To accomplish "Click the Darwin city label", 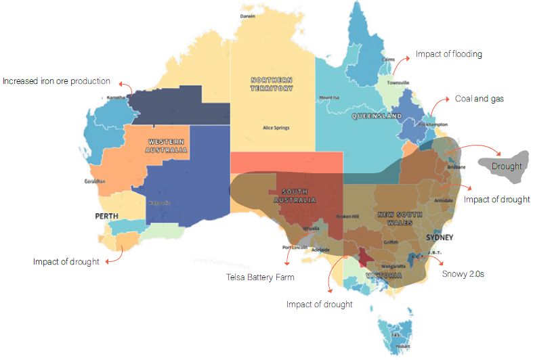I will coord(247,16).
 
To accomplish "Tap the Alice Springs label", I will coord(276,127).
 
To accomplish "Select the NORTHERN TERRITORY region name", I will coord(272,83).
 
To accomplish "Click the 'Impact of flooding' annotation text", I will coord(448,54).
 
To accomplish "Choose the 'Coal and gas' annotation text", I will coord(479,99).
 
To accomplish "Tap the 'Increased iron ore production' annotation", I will coord(56,81).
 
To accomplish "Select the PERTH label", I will coord(107,217).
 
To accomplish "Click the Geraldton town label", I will coord(94,181).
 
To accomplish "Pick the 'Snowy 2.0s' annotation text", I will coord(464,274).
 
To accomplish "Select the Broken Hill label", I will coord(348,217).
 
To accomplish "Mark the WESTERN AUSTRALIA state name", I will coord(166,145).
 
